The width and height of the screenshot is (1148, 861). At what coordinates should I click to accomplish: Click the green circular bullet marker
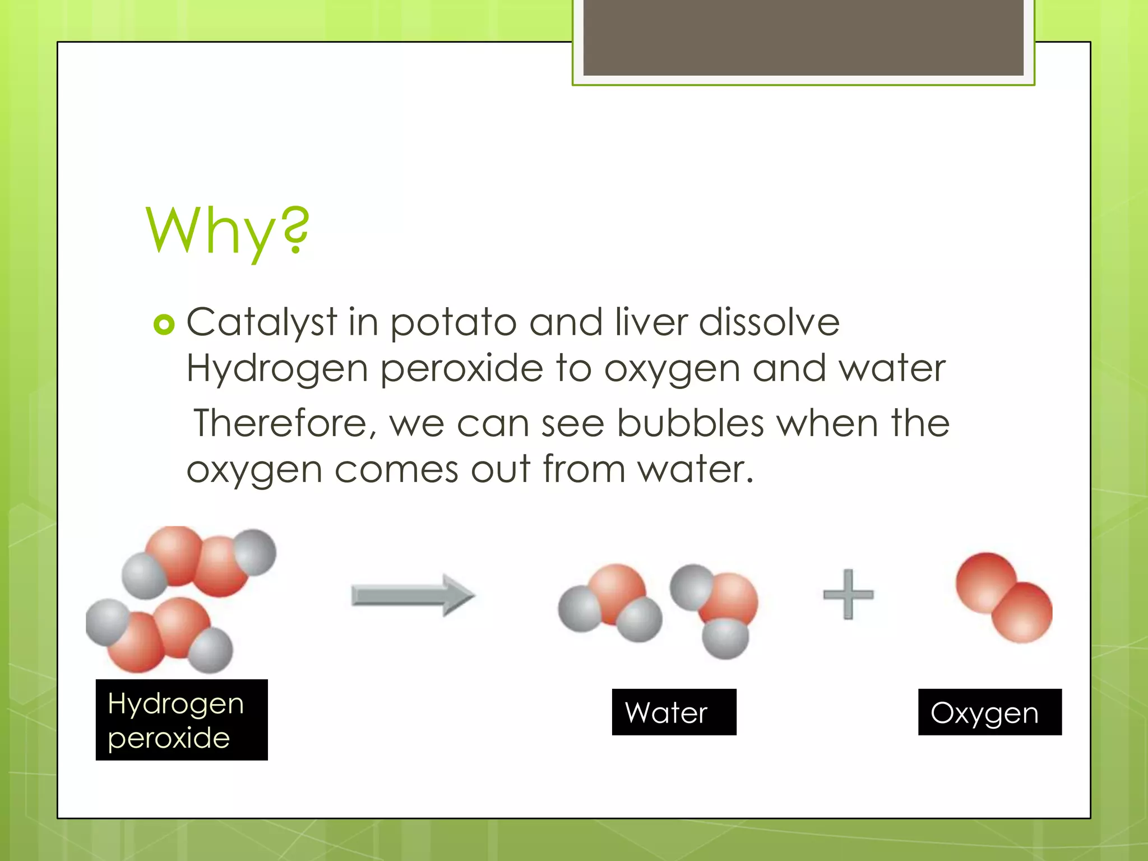click(164, 324)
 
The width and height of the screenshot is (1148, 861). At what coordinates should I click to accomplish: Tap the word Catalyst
click(261, 323)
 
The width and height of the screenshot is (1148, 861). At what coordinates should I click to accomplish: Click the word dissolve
click(769, 322)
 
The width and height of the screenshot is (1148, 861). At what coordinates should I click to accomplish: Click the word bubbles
click(690, 423)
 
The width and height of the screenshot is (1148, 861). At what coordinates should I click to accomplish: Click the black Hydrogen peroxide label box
click(182, 720)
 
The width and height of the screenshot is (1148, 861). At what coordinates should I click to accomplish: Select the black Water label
click(674, 712)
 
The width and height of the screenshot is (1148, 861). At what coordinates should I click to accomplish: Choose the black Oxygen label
click(989, 712)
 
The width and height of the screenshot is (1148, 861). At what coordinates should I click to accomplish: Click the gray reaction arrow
click(413, 595)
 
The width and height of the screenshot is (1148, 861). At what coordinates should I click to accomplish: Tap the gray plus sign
click(848, 595)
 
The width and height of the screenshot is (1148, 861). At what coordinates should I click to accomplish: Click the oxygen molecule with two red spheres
click(1003, 598)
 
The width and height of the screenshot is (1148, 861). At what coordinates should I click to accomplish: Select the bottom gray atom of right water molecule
click(725, 638)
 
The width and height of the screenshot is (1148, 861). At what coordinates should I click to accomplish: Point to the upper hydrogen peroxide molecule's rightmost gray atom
click(255, 552)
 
